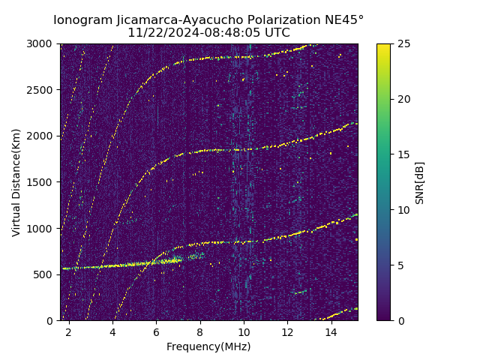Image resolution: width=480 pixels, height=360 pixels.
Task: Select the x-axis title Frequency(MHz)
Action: (208, 346)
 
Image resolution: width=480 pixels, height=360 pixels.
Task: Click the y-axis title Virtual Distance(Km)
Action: (16, 182)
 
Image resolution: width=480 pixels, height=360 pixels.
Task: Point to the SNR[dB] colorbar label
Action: (420, 182)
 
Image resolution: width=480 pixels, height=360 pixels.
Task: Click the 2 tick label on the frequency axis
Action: (69, 331)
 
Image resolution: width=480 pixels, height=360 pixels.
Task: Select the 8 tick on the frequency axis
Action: (200, 331)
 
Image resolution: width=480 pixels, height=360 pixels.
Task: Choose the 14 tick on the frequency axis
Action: (331, 331)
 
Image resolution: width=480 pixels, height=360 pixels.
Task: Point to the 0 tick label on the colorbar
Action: (400, 320)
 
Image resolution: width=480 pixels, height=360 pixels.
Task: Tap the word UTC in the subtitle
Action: (277, 33)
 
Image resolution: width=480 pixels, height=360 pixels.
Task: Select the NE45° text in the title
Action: (346, 20)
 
